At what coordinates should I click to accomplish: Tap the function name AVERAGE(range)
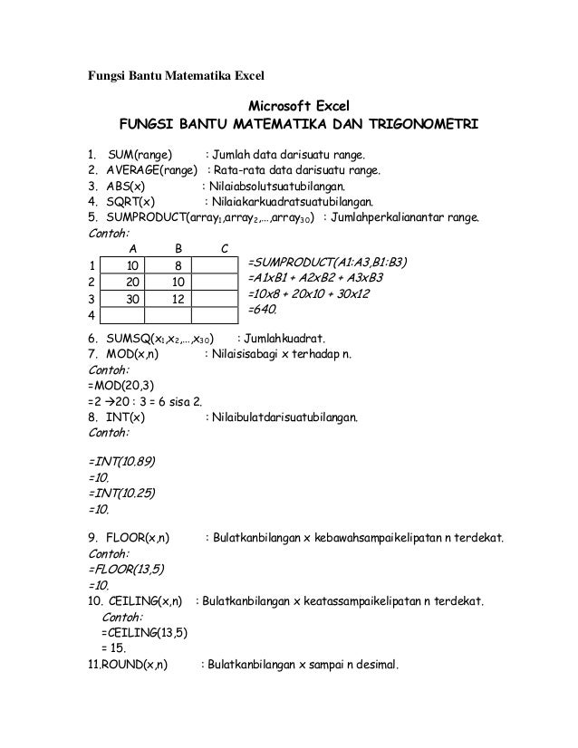click(x=151, y=168)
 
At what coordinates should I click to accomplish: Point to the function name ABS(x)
click(x=130, y=186)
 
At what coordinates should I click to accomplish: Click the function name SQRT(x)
click(x=134, y=202)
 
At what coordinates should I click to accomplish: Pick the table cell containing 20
click(x=132, y=282)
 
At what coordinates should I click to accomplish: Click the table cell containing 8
click(x=178, y=265)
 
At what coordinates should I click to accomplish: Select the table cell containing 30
click(x=132, y=299)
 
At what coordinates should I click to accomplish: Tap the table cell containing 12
click(x=178, y=299)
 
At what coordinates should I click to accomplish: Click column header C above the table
click(x=224, y=248)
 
